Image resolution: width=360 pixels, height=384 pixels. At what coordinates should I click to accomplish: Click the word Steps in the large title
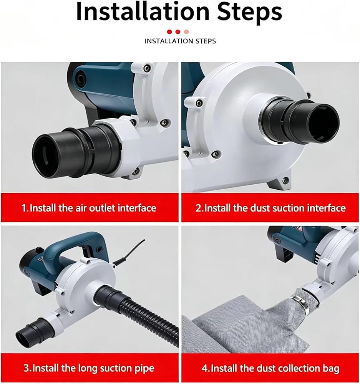pyautogui.click(x=250, y=12)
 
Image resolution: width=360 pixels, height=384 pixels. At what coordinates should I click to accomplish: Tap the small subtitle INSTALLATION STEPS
pyautogui.click(x=180, y=41)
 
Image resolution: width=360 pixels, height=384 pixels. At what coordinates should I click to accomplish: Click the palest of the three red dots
pyautogui.click(x=186, y=31)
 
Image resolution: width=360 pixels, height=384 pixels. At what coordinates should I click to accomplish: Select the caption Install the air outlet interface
pyautogui.click(x=93, y=208)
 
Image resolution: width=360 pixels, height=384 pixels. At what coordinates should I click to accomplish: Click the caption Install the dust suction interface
pyautogui.click(x=275, y=208)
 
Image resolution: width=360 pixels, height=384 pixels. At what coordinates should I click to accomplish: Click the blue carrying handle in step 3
pyautogui.click(x=73, y=244)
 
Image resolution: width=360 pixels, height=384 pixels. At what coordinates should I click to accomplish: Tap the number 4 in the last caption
pyautogui.click(x=205, y=368)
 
